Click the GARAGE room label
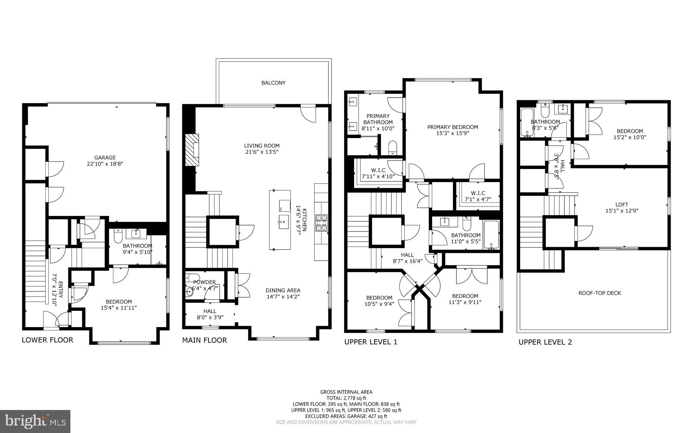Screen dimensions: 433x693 click(105, 157)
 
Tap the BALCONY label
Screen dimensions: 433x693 click(273, 83)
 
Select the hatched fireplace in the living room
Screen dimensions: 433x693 click(192, 150)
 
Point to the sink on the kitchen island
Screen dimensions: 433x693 click(284, 221)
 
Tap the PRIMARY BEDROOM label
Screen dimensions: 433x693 click(452, 127)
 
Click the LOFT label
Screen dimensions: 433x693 click(622, 204)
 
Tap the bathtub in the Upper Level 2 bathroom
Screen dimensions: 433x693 click(527, 123)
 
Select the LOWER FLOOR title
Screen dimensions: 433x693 click(47, 340)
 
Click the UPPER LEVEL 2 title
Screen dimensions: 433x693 click(545, 342)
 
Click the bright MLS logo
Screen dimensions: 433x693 click(35, 421)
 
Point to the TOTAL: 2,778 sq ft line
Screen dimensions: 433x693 click(346, 398)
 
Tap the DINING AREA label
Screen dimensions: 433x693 click(283, 290)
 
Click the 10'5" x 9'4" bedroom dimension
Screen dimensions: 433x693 click(379, 304)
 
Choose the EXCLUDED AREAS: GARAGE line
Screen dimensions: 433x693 click(346, 416)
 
